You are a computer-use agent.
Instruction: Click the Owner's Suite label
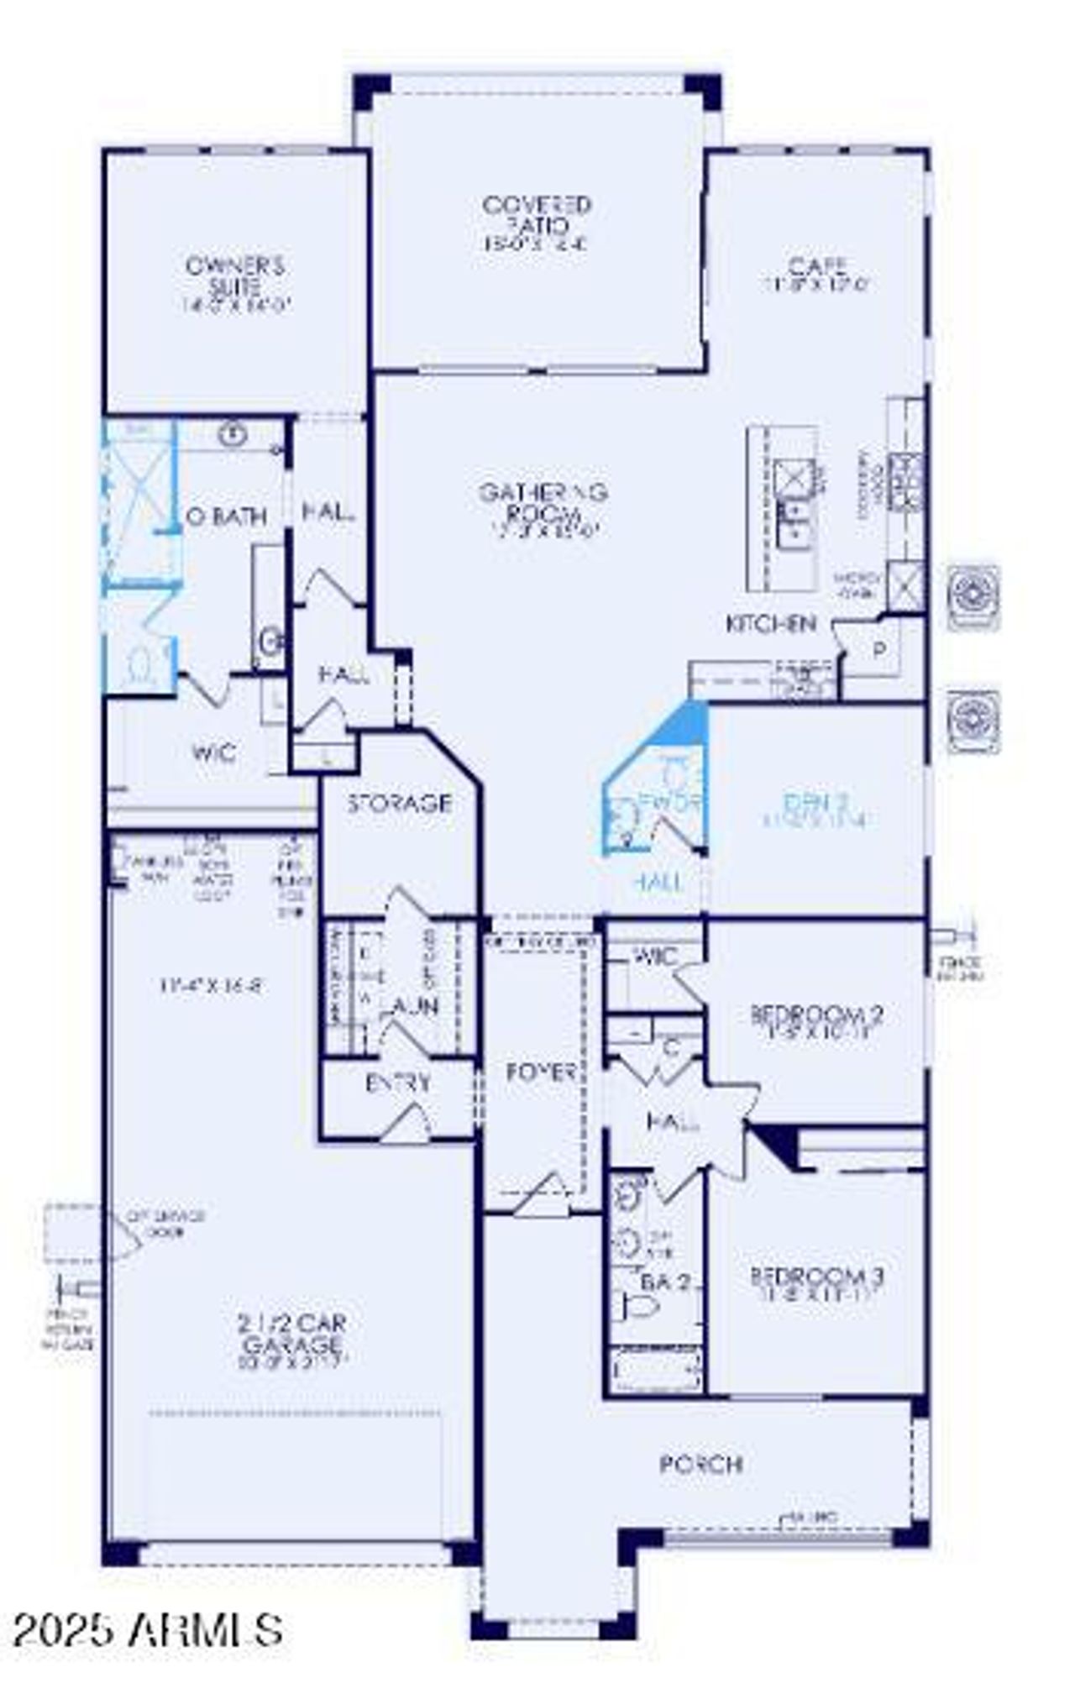click(235, 277)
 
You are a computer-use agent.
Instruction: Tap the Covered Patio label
click(537, 216)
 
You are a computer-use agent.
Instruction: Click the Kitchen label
click(770, 624)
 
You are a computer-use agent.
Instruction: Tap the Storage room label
click(400, 804)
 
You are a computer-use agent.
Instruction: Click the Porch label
click(700, 1464)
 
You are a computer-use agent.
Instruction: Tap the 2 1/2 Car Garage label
click(291, 1333)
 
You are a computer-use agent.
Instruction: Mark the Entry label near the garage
click(398, 1083)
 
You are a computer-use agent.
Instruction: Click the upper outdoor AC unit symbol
click(973, 595)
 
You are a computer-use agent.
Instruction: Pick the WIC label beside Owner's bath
click(214, 752)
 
